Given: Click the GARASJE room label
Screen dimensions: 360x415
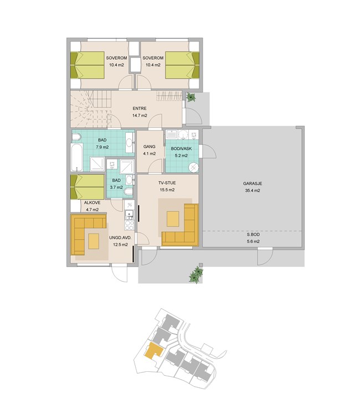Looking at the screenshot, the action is pos(253,183).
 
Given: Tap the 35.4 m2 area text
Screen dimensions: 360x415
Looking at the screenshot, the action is pos(253,190).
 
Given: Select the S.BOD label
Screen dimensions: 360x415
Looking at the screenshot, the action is pos(253,235).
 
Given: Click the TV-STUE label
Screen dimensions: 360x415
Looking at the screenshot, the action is pos(167,183).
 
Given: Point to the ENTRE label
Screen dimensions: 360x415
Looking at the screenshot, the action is pos(140,108).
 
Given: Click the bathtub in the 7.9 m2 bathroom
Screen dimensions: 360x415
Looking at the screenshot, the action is pos(77,157).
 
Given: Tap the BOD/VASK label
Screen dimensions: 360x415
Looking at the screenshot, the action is pos(181,149).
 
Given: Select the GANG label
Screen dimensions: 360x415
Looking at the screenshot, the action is pos(150,147).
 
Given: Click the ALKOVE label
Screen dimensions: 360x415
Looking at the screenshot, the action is pos(92,203).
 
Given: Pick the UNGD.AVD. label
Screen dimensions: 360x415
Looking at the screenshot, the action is pos(121,238).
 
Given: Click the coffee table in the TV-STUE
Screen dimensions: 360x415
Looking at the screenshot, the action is pos(173,219).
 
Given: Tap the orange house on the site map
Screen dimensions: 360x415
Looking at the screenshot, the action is pos(153,351).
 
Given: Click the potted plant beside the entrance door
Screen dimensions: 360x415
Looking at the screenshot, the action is pos(191,97).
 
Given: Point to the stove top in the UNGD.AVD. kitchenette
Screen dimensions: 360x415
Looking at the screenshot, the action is pos(129,225).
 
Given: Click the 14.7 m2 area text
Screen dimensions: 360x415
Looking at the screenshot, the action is pos(140,116).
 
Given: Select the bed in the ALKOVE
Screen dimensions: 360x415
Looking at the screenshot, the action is pos(88,187).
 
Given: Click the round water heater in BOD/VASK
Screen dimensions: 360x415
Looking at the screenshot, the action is pos(194,168).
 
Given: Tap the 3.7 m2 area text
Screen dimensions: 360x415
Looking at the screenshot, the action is pos(116,188).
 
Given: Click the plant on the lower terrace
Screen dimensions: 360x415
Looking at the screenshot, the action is pos(196,274).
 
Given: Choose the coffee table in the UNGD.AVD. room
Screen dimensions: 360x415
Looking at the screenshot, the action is pos(94,241).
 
